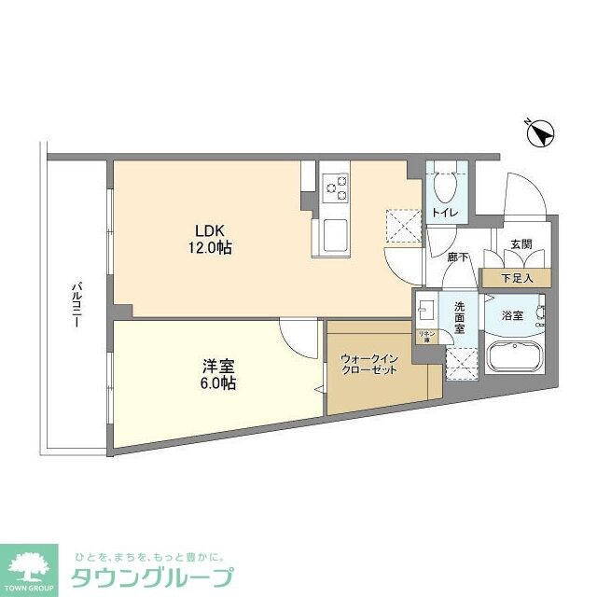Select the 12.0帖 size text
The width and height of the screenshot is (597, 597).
[213, 249]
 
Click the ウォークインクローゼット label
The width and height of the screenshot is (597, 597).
[369, 364]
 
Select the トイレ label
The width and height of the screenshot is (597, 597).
[444, 214]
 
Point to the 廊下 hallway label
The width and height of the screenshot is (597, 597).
[456, 257]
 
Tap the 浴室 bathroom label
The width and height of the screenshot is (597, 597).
[513, 316]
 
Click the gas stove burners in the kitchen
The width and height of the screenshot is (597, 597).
[334, 189]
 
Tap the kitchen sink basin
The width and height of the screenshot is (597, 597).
[334, 234]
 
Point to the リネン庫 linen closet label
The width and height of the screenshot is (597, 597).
[423, 336]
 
